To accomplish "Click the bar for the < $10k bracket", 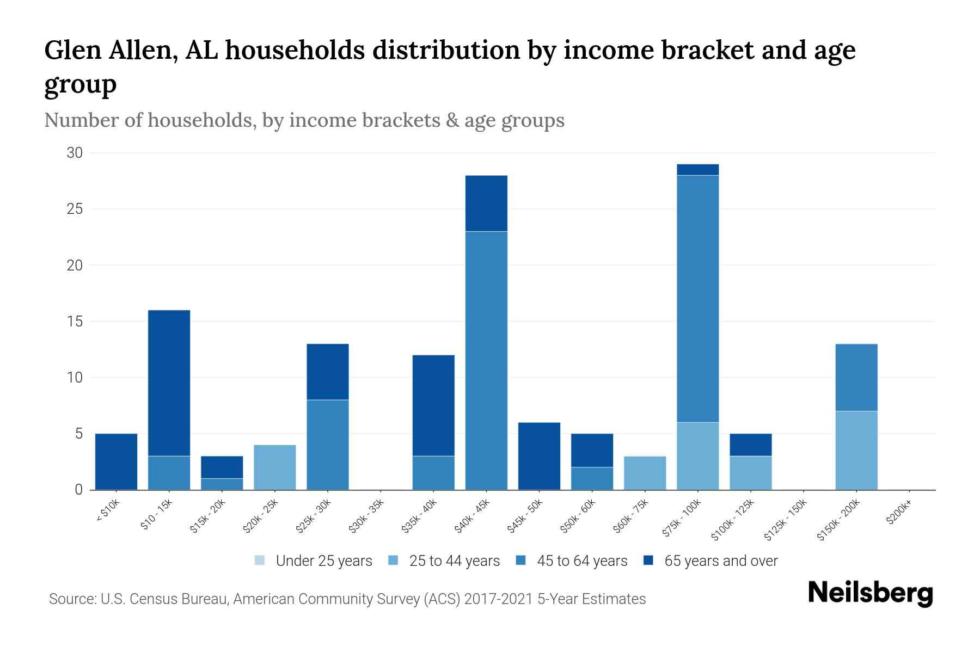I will pyautogui.click(x=116, y=461).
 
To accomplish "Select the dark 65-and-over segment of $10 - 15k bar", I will pyautogui.click(x=169, y=383).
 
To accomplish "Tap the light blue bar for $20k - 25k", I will pyautogui.click(x=275, y=467).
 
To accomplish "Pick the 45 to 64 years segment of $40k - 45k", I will pyautogui.click(x=486, y=360).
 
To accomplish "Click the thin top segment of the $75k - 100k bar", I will pyautogui.click(x=697, y=170).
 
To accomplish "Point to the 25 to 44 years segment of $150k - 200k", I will pyautogui.click(x=856, y=450).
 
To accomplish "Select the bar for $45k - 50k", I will pyautogui.click(x=539, y=456).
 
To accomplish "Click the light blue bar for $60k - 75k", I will pyautogui.click(x=645, y=473).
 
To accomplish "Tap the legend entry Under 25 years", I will pyautogui.click(x=323, y=561).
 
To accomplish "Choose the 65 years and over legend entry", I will pyautogui.click(x=720, y=561).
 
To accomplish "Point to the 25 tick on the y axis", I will pyautogui.click(x=75, y=209).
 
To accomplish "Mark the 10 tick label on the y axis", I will pyautogui.click(x=75, y=377).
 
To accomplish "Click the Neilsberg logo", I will pyautogui.click(x=870, y=594).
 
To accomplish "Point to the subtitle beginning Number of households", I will pyautogui.click(x=304, y=120).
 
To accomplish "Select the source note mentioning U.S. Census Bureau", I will pyautogui.click(x=347, y=599).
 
